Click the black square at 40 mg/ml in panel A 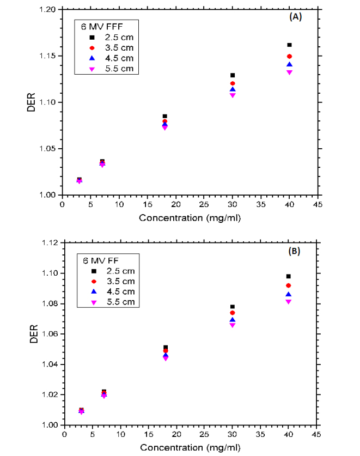click(x=289, y=45)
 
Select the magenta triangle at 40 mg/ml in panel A click(x=289, y=72)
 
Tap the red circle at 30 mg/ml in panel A click(x=233, y=83)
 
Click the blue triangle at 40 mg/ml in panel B click(x=289, y=294)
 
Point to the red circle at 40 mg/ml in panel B click(x=289, y=285)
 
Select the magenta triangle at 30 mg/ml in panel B click(x=233, y=325)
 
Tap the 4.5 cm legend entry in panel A click(x=118, y=58)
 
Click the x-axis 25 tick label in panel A click(x=204, y=205)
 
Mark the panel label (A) click(x=295, y=17)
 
